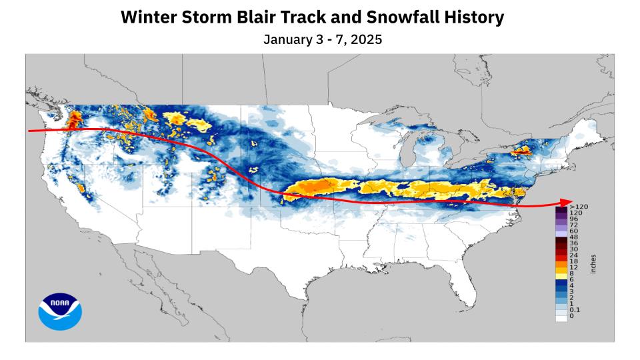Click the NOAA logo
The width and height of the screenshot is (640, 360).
pos(59,312)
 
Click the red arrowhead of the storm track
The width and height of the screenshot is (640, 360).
pos(567,203)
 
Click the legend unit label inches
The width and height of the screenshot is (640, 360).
pos(593,264)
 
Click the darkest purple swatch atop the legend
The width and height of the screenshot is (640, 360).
pos(561,210)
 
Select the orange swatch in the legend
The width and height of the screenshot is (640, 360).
pos(561,262)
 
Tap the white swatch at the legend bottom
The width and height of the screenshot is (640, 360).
pos(561,318)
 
